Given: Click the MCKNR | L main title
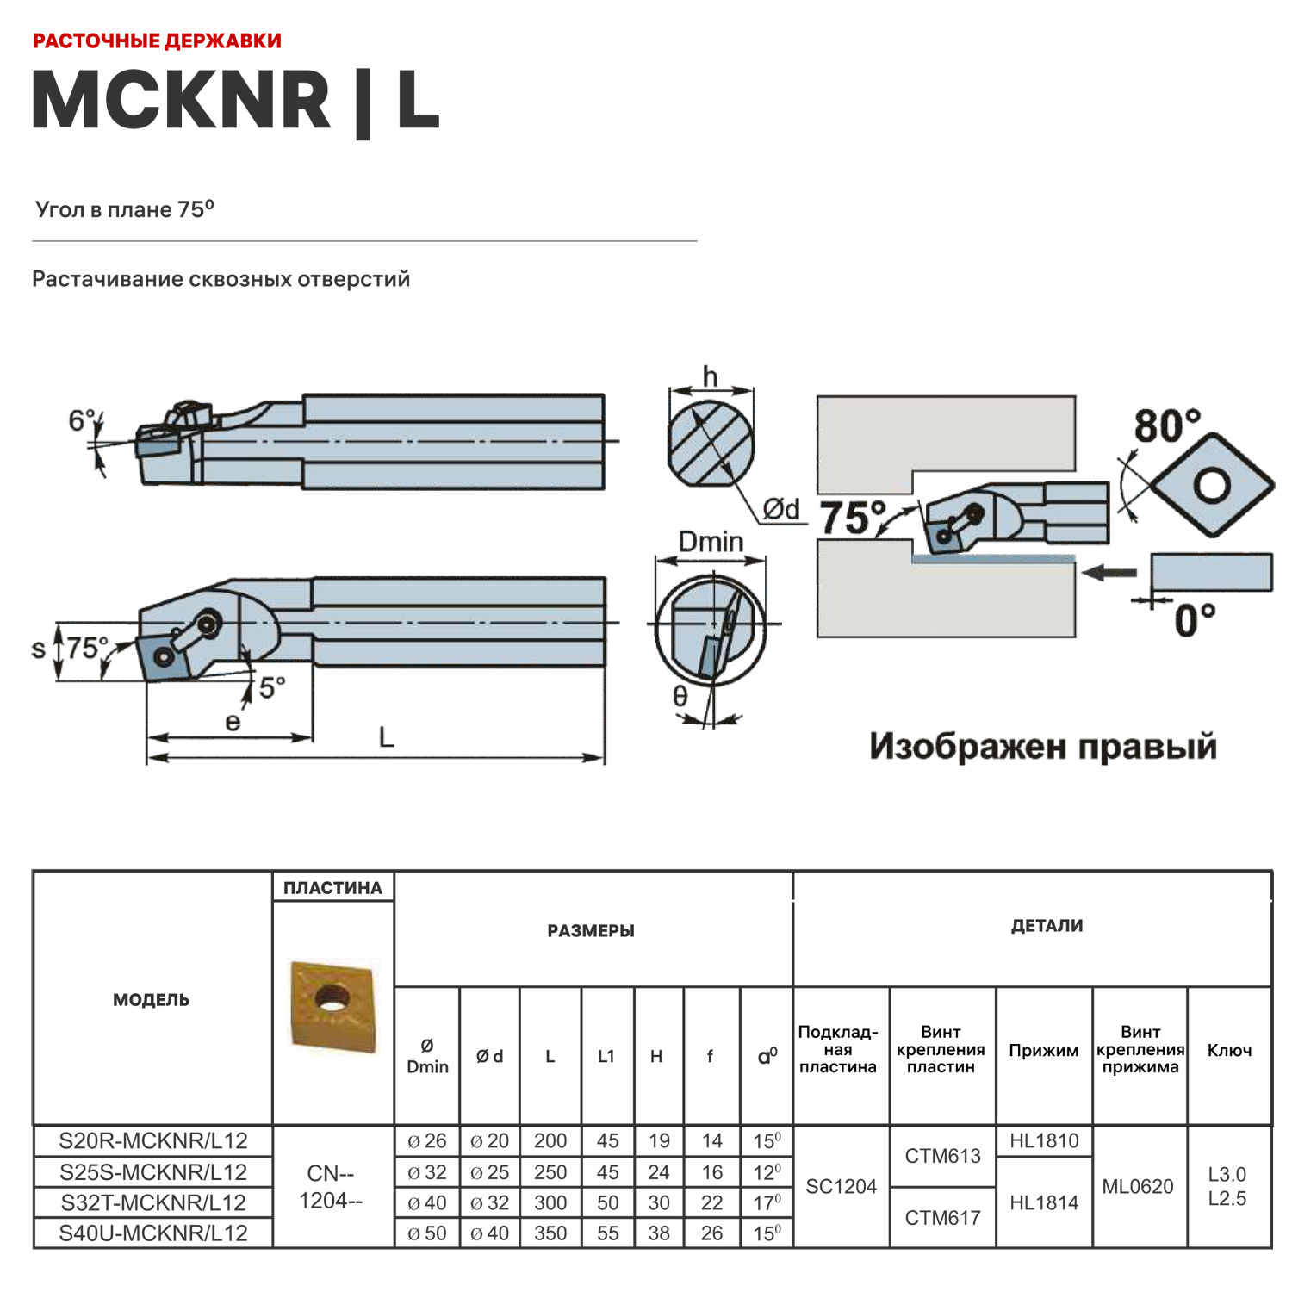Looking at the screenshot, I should (235, 100).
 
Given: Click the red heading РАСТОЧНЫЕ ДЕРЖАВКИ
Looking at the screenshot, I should (157, 40).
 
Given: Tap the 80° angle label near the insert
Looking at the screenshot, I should (1166, 425).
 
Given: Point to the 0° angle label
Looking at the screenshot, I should (1195, 619).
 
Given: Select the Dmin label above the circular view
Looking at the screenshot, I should (711, 542).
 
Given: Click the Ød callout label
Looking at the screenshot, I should (781, 509).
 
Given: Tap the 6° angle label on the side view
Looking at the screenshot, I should (82, 420).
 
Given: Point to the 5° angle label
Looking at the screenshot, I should (272, 687).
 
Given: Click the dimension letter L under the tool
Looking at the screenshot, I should (386, 737).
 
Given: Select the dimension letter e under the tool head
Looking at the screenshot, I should (233, 722).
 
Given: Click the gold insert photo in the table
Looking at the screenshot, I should (333, 1005).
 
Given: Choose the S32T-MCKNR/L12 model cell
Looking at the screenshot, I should (153, 1202).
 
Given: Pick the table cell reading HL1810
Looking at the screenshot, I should (1044, 1141).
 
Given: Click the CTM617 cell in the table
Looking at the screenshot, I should (942, 1218).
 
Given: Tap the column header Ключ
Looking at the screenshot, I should (1229, 1050).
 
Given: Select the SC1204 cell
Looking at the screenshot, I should (841, 1187).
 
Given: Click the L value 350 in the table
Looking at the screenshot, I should (550, 1233).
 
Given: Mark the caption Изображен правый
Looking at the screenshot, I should (1043, 746).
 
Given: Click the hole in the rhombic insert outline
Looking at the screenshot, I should (1213, 486).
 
